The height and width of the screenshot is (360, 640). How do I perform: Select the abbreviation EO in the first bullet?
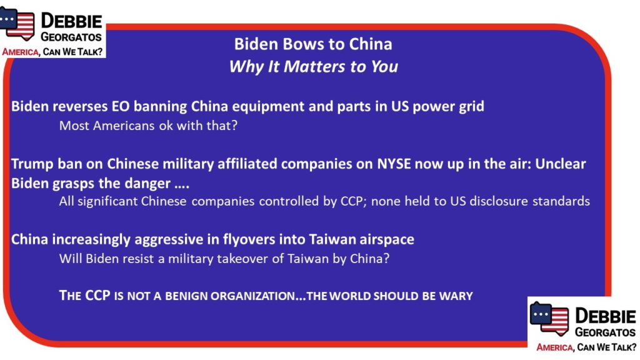121,106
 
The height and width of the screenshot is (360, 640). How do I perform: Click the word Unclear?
561,164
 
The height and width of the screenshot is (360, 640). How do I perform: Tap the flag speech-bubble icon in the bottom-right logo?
549,318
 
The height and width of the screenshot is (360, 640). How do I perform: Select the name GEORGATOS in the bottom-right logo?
605,332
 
